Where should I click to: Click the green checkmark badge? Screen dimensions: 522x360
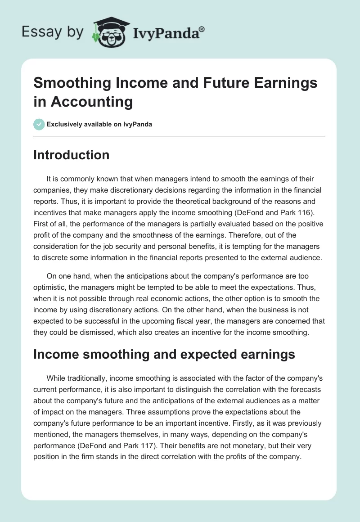39,124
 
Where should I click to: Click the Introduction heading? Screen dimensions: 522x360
72,155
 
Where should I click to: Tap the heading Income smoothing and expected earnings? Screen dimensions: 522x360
164,354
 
